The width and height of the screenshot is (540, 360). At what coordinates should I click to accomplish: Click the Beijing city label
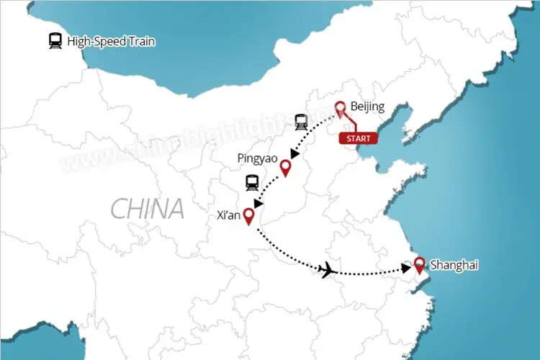tap(367, 107)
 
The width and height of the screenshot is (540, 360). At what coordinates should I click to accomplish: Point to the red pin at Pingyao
tap(286, 168)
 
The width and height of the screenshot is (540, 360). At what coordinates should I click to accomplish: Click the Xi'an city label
tap(228, 215)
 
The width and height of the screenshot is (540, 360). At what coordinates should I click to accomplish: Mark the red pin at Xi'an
tap(249, 215)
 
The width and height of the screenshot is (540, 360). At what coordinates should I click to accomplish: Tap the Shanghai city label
tap(454, 266)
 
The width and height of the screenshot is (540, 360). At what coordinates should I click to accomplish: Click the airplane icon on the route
tap(327, 270)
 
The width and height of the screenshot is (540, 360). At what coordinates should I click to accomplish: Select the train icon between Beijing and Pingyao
tap(301, 122)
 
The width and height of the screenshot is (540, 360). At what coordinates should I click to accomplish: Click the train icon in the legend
tap(55, 41)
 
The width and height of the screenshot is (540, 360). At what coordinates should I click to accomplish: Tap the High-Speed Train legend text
tap(111, 42)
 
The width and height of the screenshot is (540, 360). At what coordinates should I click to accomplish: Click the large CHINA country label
tap(147, 210)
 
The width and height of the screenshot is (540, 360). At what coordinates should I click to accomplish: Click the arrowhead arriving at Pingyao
tap(293, 154)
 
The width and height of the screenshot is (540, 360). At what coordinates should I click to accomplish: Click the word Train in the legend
tap(140, 42)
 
